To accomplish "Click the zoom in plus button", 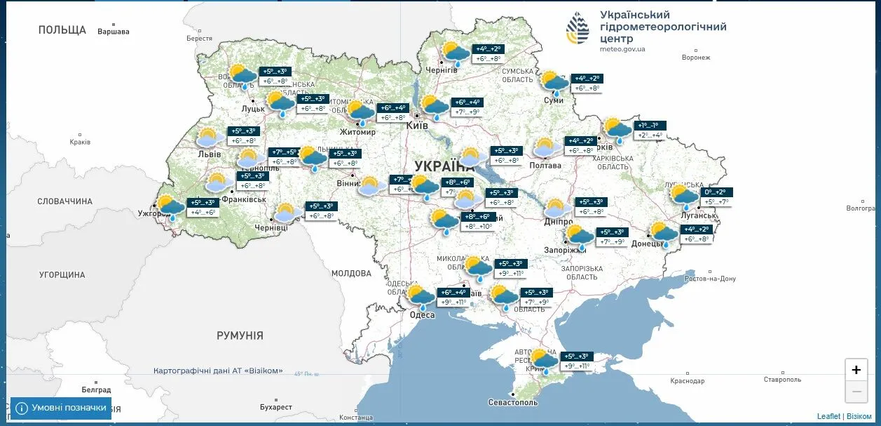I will (856, 370).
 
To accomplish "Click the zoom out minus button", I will (856, 392).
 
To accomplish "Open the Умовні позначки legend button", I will (61, 408).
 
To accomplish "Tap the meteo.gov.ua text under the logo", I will (622, 49).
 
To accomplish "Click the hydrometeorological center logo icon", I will (578, 28).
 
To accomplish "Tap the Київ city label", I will (417, 125).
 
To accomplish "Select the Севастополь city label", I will (514, 402).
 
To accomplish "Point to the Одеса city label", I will (422, 314).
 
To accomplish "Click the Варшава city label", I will (114, 32).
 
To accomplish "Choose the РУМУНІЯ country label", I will (240, 335).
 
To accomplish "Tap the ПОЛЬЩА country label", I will (62, 29).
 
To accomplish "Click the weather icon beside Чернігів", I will (456, 53).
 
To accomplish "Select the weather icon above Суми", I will (554, 83).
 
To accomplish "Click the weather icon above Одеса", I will (421, 297).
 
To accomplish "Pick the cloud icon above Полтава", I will (547, 148).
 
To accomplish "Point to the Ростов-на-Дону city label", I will (710, 279).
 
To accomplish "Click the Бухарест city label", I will (275, 407).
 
